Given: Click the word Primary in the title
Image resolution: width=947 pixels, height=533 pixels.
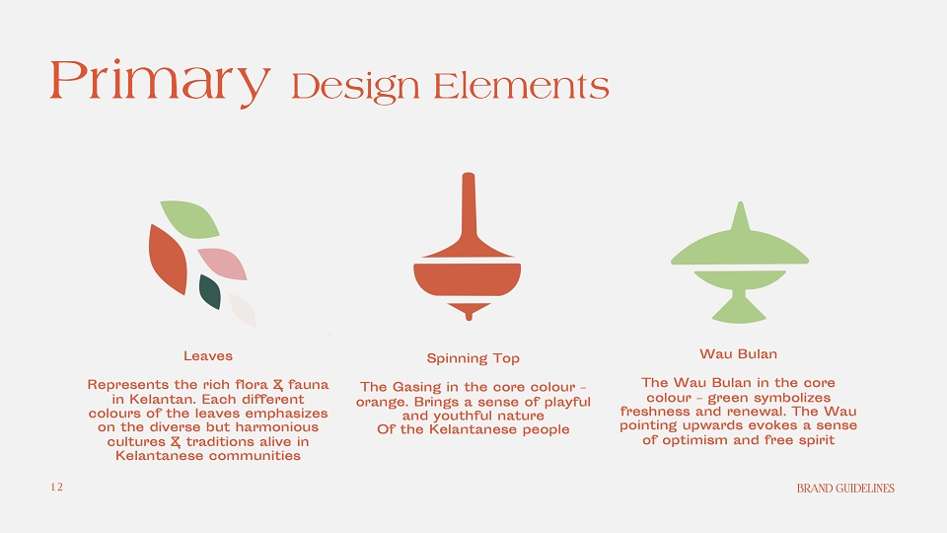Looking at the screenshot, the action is tap(160, 82).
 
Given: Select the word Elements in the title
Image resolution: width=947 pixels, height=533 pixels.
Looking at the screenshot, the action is tap(521, 86).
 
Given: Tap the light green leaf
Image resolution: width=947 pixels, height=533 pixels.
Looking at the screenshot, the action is tap(189, 219).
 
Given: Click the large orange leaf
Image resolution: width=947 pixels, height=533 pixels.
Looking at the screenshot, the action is tap(168, 260).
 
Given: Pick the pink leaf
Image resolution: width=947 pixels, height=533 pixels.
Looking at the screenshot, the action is tap(222, 264).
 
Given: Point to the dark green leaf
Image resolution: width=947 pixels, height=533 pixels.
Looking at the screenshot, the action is tap(209, 292).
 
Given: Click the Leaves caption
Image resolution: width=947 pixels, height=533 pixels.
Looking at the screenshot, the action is tap(208, 356).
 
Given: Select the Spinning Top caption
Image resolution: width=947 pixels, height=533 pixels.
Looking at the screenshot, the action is tap(473, 358).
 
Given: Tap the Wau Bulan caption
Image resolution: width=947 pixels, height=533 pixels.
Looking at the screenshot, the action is tap(738, 354).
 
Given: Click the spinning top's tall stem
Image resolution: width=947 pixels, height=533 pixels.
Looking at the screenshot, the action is tap(468, 205).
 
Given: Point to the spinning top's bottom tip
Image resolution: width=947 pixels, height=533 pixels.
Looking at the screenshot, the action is tap(469, 317).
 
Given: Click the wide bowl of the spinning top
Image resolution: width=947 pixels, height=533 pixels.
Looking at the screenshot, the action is tap(468, 279).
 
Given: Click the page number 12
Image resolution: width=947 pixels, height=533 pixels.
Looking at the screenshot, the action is tap(57, 487).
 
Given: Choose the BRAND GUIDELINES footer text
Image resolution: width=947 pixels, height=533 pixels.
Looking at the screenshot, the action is tap(845, 489).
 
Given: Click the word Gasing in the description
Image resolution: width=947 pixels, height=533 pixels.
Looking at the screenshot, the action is tap(417, 387).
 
